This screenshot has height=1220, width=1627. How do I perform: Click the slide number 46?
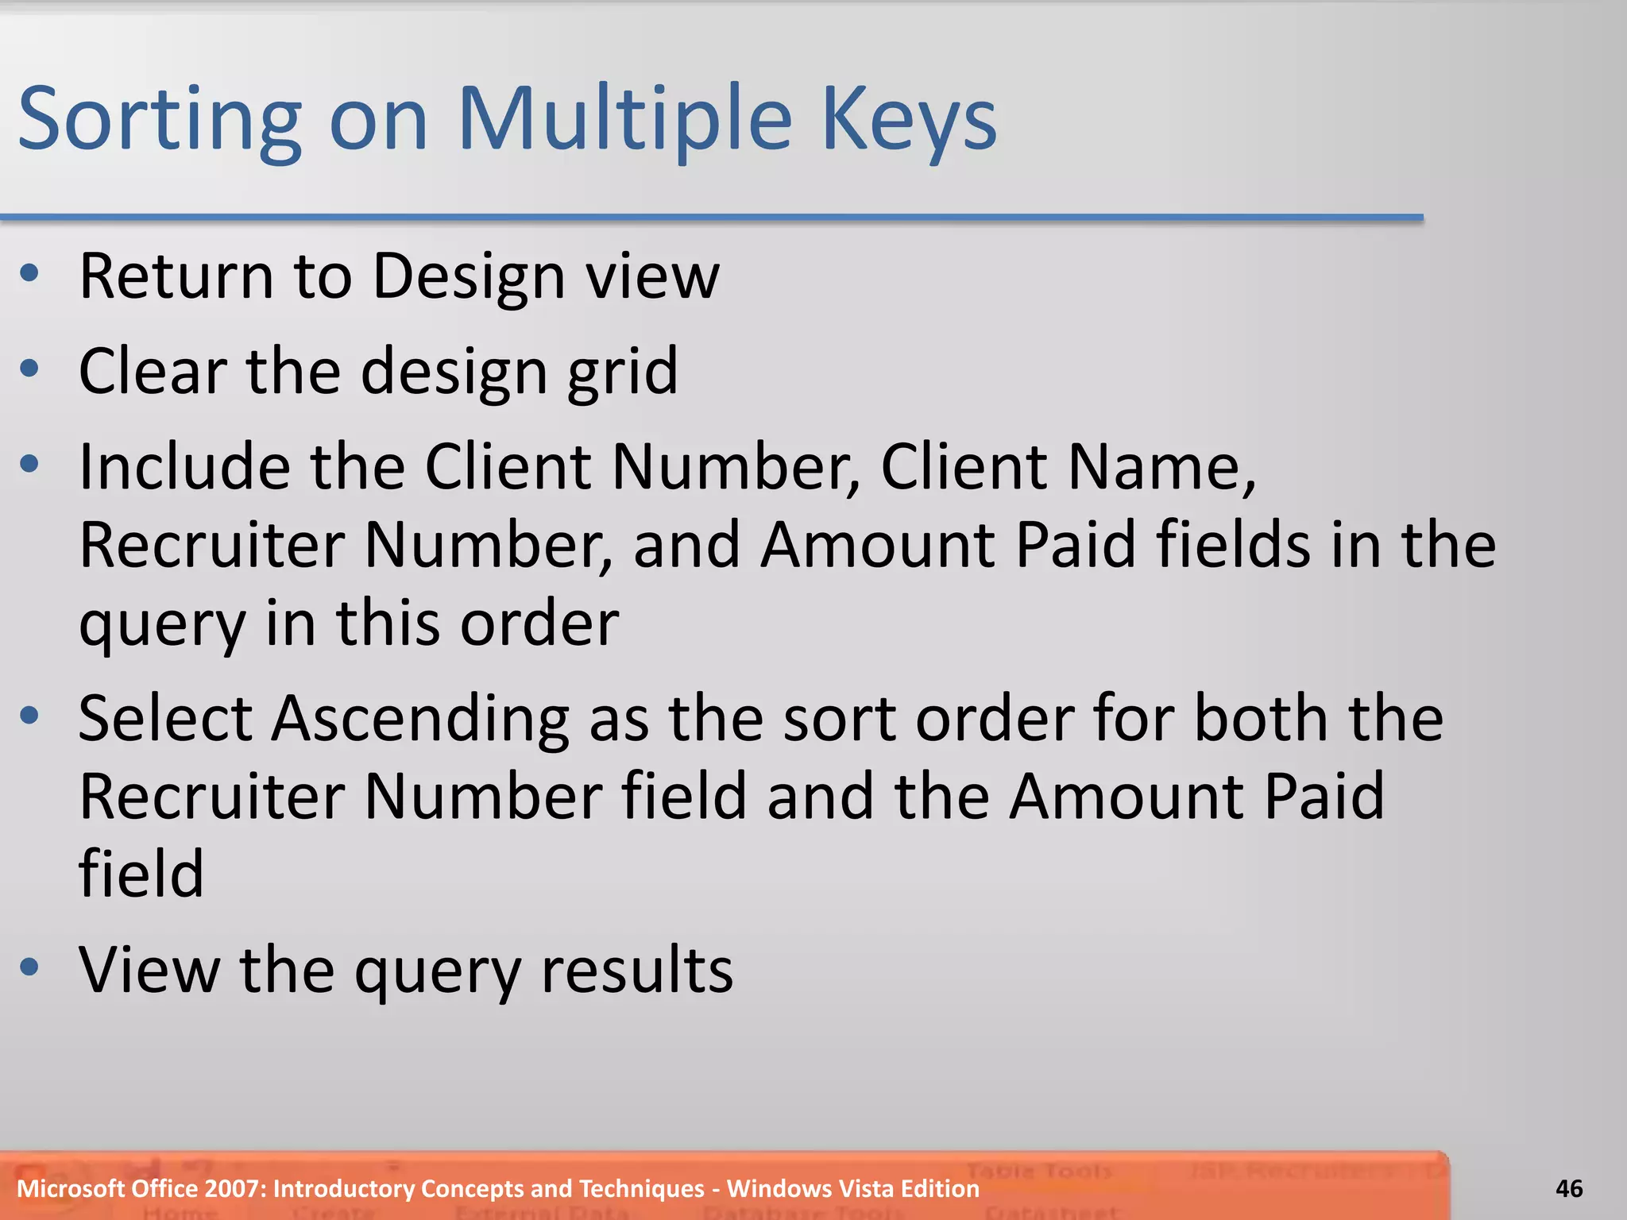1569,1188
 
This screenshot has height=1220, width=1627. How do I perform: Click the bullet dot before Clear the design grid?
30,369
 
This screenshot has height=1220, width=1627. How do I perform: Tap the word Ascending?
420,719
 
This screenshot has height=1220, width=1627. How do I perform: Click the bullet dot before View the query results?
30,967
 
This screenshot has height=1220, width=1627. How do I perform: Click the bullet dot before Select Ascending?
30,716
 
